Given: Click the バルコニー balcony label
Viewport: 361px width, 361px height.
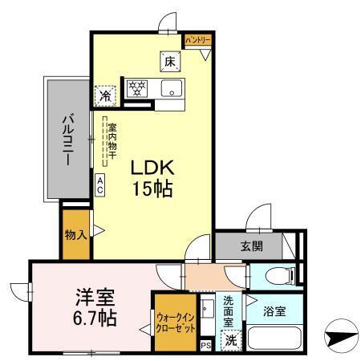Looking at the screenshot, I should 69,139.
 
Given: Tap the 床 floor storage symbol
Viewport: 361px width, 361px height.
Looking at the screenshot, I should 170,59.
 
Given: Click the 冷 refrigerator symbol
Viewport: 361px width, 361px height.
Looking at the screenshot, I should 105,95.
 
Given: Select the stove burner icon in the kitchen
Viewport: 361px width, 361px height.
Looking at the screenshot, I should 136,87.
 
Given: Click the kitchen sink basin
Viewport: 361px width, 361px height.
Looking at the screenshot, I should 171,87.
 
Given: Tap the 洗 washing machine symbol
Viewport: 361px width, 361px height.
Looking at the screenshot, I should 231,339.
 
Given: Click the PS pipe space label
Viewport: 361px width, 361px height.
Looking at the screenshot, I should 206,346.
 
